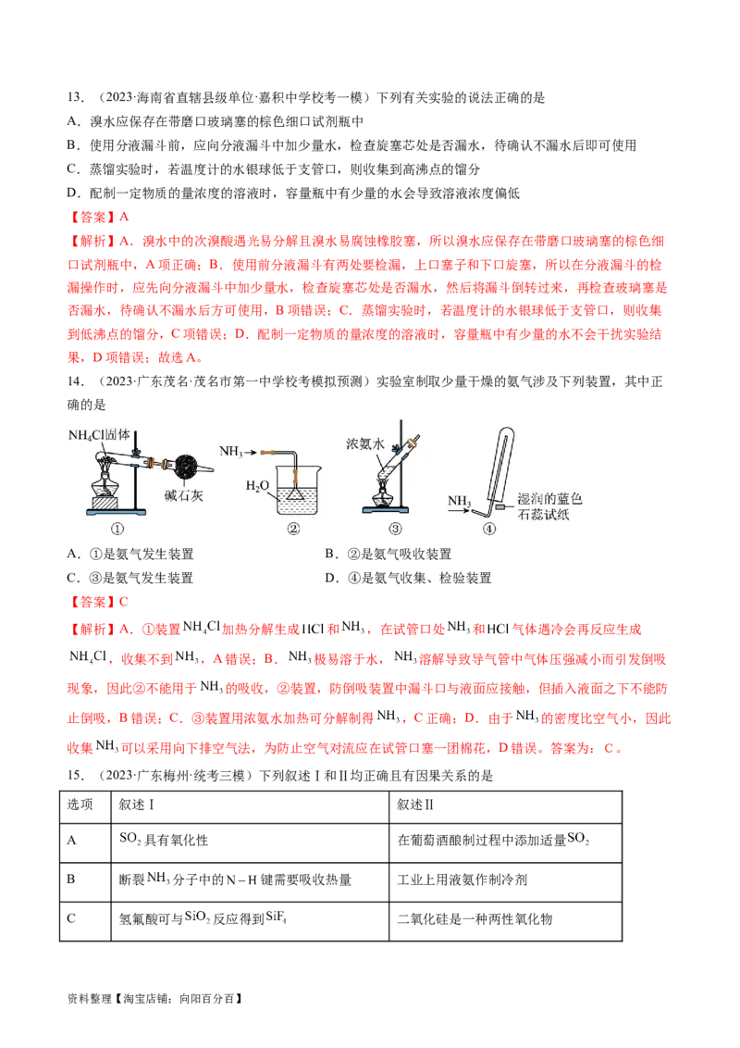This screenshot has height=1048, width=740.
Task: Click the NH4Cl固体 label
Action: (102, 435)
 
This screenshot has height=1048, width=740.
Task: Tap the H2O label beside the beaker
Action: (259, 486)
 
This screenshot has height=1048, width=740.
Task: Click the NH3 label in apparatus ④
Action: (460, 501)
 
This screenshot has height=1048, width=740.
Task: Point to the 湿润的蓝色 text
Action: (549, 498)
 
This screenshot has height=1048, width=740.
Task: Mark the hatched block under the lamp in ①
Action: (105, 505)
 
